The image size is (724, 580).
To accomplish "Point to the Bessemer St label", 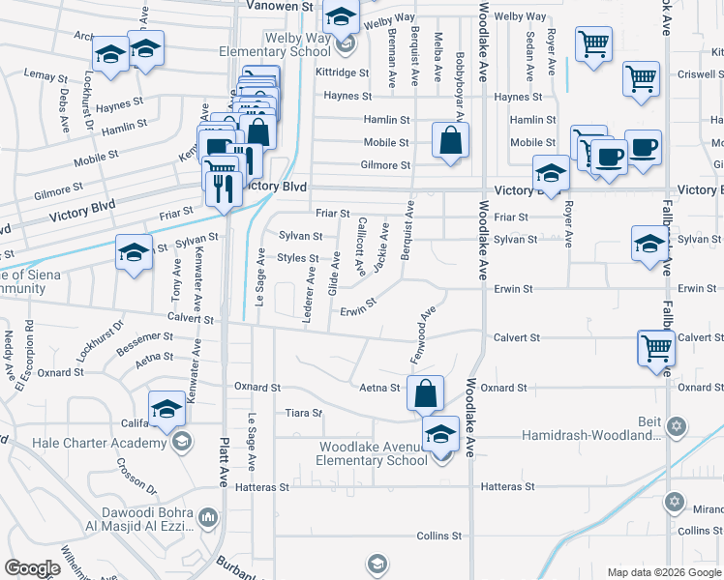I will click(144, 337).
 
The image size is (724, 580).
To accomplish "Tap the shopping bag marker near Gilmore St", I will click(451, 140).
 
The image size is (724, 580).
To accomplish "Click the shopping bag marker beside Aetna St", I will click(425, 393).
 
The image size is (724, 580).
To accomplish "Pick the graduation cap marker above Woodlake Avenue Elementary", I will click(440, 434).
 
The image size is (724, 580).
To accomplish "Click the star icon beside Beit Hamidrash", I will click(677, 425).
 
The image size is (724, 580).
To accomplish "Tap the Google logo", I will click(32, 568).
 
